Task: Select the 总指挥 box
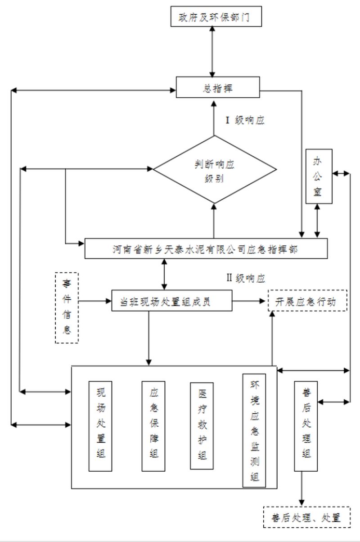[x=218, y=87]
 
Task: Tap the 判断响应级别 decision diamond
[x=214, y=170]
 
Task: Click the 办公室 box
[x=319, y=176]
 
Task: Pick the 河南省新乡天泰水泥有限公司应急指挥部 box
[x=206, y=249]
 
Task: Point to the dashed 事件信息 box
[x=67, y=307]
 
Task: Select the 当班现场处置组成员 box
[x=172, y=301]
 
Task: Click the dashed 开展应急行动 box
[x=308, y=301]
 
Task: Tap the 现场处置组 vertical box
[x=100, y=426]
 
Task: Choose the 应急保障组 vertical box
[x=153, y=426]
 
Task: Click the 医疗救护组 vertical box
[x=202, y=426]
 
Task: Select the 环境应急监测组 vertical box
[x=254, y=430]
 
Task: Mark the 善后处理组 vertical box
[x=306, y=426]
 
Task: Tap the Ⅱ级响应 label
[x=245, y=278]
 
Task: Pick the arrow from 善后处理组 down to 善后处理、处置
[x=301, y=488]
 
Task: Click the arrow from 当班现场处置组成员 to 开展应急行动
[x=250, y=301]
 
